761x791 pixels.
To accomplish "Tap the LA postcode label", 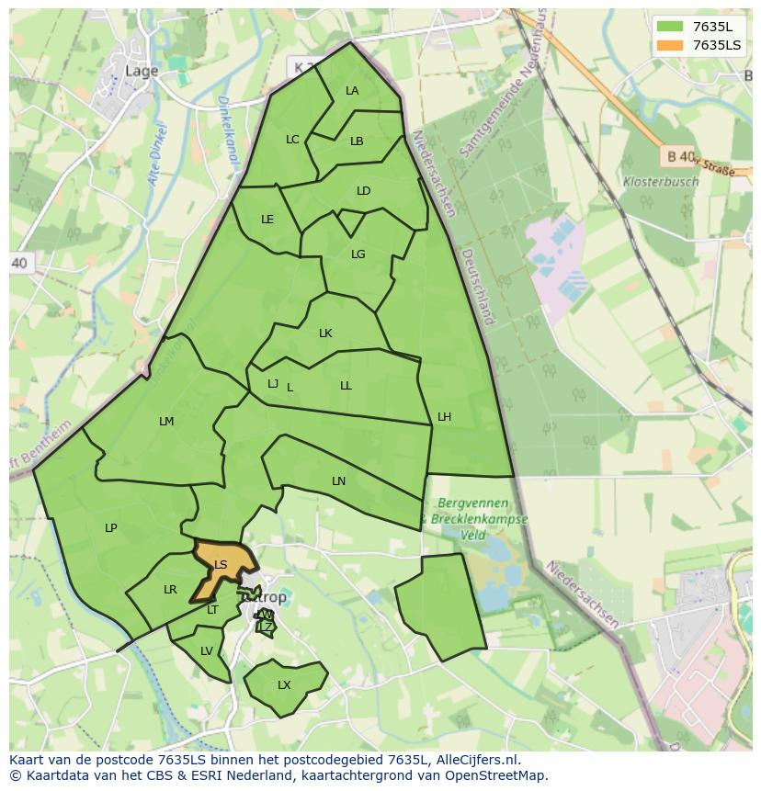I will pos(352,91).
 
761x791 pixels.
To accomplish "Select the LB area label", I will pos(357,141).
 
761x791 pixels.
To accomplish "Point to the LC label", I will pos(292,140).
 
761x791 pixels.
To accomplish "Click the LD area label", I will pos(363,191).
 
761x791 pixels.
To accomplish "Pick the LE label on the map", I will pos(267,220).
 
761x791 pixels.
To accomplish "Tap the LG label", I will pos(358,254).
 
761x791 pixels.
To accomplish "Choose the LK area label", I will pos(325,333).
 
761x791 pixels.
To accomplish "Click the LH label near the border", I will pos(444,417).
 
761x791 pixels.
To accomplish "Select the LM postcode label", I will pos(166,422).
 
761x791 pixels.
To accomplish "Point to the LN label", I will pos(338,481).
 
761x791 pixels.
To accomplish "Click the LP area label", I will pos(110,528).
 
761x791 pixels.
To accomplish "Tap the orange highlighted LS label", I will pos(221,565).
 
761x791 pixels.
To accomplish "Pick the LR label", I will pos(170,590).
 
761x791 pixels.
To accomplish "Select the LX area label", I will pos(284,685).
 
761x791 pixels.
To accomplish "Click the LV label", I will pos(206,651).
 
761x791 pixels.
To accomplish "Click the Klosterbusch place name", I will pos(660,182).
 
